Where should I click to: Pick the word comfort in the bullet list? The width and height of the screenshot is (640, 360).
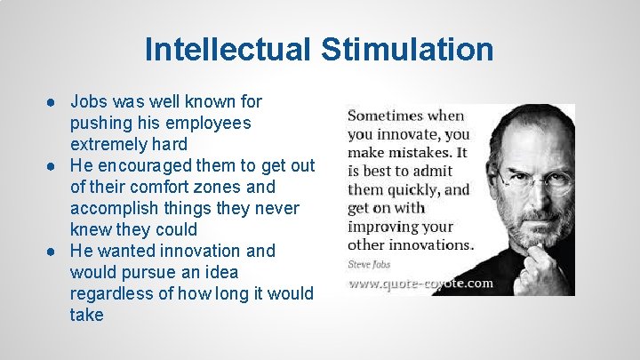click(157, 187)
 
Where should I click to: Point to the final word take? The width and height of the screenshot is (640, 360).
click(86, 315)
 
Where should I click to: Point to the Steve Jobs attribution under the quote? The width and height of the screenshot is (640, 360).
click(369, 263)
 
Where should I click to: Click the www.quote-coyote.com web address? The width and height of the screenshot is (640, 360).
click(420, 284)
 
